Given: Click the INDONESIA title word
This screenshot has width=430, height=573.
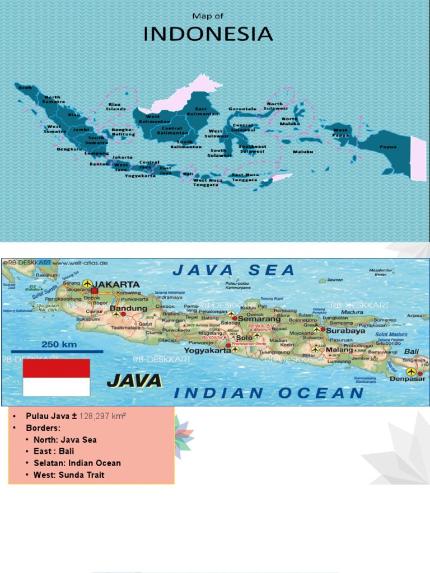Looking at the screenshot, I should [x=208, y=34].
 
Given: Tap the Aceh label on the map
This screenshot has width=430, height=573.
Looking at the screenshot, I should [x=25, y=88].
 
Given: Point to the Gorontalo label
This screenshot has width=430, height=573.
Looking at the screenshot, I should [x=242, y=109].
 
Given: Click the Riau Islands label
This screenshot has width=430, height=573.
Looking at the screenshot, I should [x=116, y=106].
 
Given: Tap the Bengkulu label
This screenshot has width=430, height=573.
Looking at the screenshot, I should [x=68, y=149].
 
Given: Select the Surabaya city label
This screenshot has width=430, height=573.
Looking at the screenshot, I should [x=345, y=331].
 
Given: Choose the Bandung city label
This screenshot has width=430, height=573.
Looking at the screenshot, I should [x=128, y=308].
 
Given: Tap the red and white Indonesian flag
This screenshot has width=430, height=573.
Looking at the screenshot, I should [x=56, y=378].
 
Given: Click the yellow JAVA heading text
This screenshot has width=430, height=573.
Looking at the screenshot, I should [x=134, y=382].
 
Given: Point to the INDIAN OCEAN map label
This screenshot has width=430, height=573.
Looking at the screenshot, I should [x=269, y=393].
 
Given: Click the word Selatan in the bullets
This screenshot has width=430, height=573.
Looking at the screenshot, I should [x=49, y=463].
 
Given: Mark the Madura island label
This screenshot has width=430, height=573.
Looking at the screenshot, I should [x=352, y=312].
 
